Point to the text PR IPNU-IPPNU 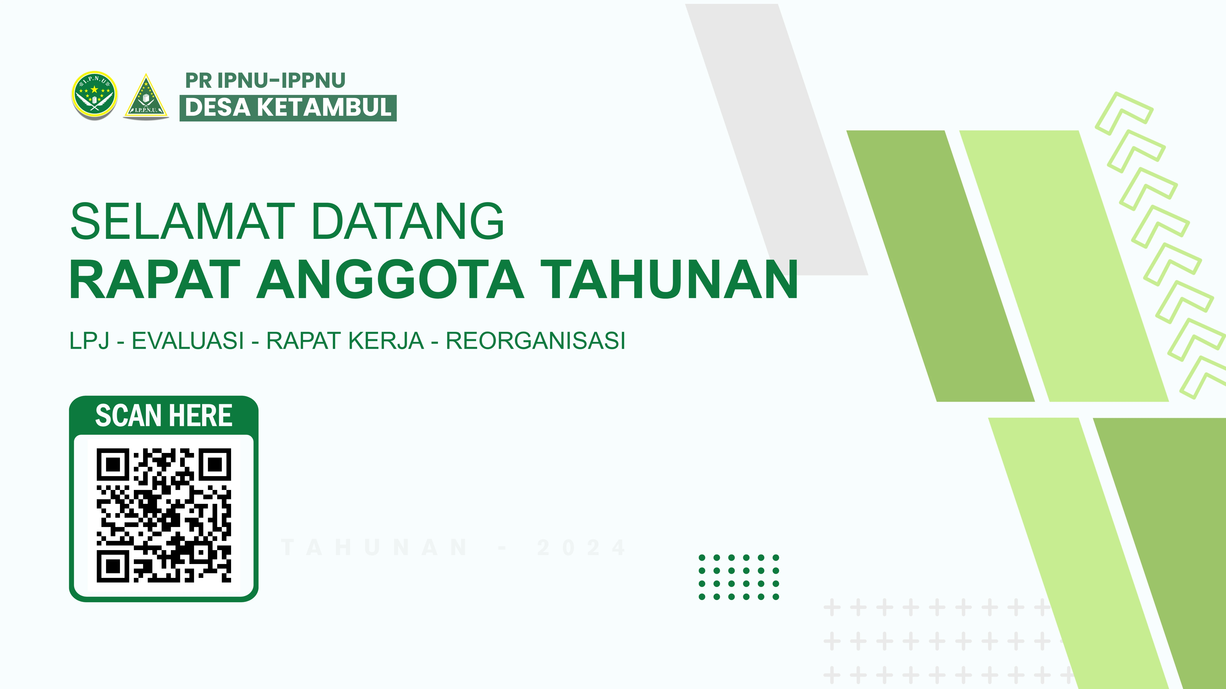(265, 81)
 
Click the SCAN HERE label (164, 416)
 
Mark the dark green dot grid (739, 577)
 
